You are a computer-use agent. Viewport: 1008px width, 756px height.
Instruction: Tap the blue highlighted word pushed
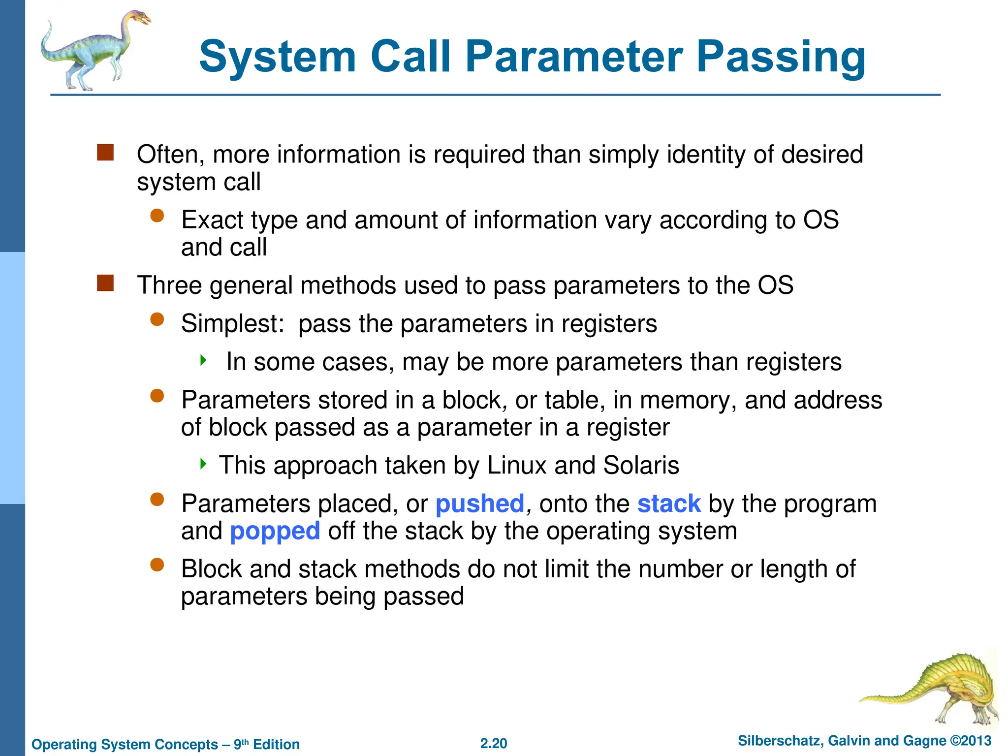pyautogui.click(x=480, y=504)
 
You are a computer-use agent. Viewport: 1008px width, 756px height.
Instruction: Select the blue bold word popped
pyautogui.click(x=275, y=532)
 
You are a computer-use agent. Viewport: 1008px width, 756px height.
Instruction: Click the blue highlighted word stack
pyautogui.click(x=669, y=504)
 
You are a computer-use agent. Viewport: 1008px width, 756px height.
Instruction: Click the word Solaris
pyautogui.click(x=641, y=465)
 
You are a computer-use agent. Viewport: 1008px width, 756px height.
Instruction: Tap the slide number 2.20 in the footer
pyautogui.click(x=494, y=743)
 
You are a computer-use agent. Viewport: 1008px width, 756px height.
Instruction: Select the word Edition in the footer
pyautogui.click(x=276, y=744)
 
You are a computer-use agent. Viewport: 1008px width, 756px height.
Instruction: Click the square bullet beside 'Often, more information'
pyautogui.click(x=105, y=153)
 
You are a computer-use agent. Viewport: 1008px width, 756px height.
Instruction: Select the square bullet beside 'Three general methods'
pyautogui.click(x=105, y=283)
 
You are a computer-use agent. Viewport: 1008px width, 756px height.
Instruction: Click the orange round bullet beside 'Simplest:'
pyautogui.click(x=157, y=320)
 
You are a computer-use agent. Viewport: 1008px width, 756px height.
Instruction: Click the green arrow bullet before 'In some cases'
pyautogui.click(x=203, y=360)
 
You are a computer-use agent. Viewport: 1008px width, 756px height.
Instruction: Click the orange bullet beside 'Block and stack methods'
pyautogui.click(x=157, y=565)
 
